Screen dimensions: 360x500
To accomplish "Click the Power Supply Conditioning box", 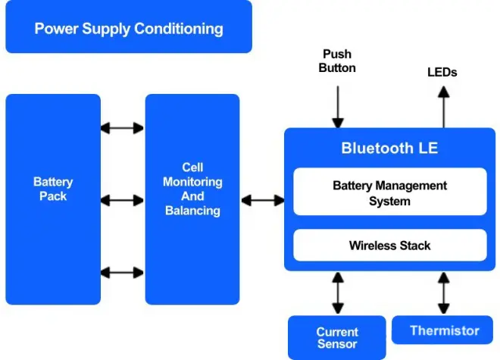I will [x=129, y=27].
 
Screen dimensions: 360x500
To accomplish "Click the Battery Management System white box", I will [x=389, y=193].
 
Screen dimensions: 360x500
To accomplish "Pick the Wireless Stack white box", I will [x=389, y=246].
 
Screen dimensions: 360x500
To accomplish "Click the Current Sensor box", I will [x=337, y=338].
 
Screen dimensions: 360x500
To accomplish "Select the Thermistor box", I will [x=444, y=330].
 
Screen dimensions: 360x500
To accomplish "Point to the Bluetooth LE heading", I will [x=389, y=148].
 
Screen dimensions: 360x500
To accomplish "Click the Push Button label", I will [x=338, y=61].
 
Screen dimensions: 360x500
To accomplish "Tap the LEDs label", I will [x=442, y=73].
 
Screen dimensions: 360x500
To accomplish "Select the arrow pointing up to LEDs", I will [x=444, y=107].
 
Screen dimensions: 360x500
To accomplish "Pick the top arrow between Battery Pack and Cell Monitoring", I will [x=122, y=128].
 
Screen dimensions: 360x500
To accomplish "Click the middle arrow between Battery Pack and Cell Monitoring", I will [x=122, y=200].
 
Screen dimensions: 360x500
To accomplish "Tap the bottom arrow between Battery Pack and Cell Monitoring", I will [x=122, y=272].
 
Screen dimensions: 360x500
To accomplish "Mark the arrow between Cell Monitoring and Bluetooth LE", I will [x=262, y=200].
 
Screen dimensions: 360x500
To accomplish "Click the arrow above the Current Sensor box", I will [x=338, y=293].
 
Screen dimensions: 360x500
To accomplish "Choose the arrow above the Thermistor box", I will [x=445, y=293].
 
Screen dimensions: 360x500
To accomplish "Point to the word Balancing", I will [x=192, y=211].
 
